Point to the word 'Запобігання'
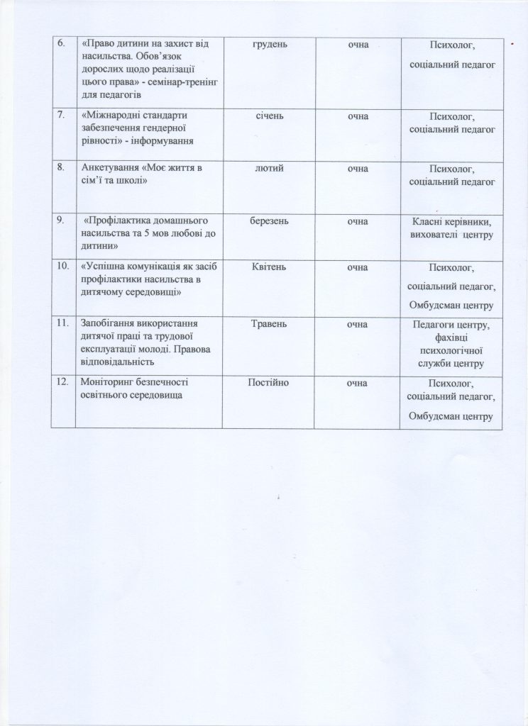click(x=109, y=324)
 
